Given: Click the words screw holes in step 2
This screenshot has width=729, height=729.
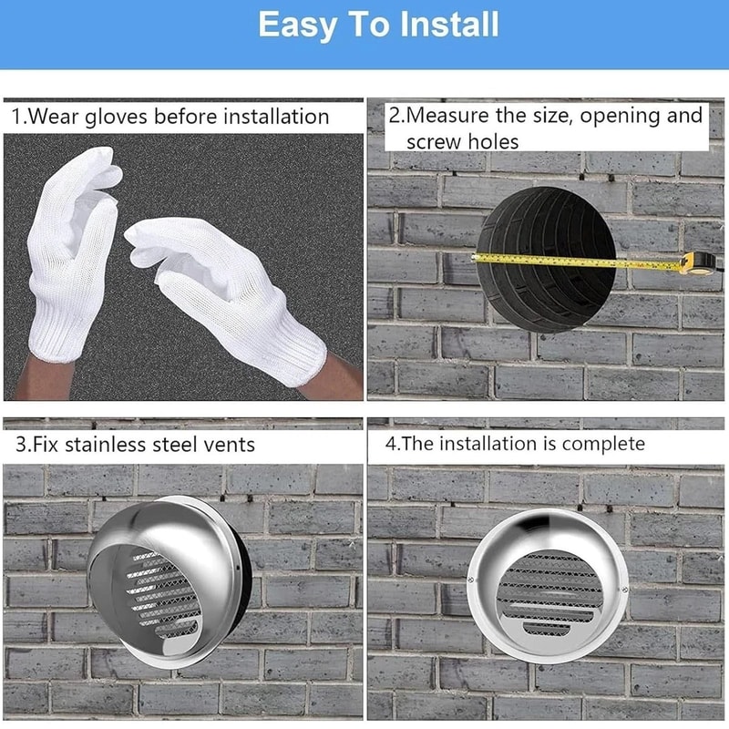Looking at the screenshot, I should click(462, 141).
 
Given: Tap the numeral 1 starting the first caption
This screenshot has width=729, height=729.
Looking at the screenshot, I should click(15, 117).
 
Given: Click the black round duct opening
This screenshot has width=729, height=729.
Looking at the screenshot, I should click(547, 255).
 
